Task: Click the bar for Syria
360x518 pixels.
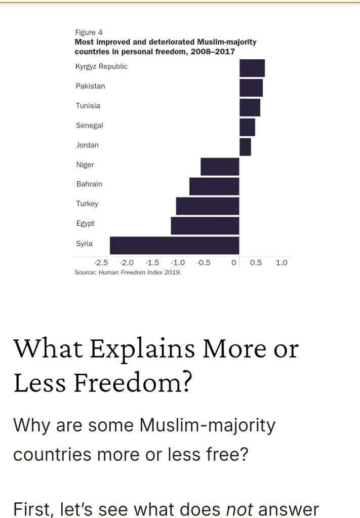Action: [174, 245]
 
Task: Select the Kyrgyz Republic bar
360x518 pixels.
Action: [252, 68]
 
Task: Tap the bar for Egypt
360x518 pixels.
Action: [205, 225]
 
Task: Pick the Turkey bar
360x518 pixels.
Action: [207, 206]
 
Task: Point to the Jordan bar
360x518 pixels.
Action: [245, 147]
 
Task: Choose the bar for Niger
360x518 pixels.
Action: [220, 167]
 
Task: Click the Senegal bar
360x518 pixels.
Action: [247, 127]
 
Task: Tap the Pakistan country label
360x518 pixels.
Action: [91, 86]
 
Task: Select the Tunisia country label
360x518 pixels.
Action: [88, 106]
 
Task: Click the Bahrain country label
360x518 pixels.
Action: [89, 184]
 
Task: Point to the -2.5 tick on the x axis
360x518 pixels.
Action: [101, 262]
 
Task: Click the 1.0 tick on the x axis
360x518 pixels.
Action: [282, 262]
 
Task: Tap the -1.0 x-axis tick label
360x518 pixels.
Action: [178, 262]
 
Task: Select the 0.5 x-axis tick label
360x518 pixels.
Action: [256, 262]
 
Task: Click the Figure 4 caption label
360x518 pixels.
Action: [89, 32]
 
